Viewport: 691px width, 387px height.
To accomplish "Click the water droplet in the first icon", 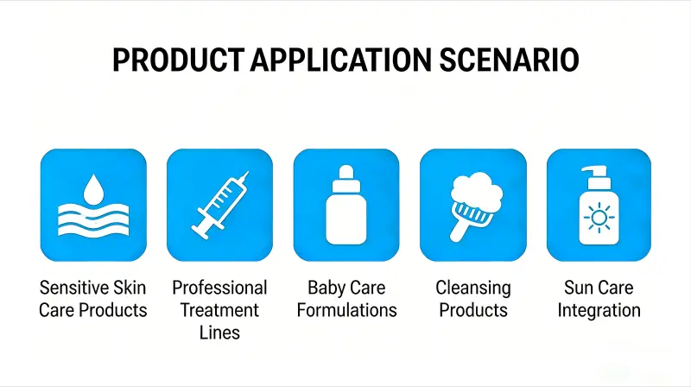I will pyautogui.click(x=93, y=187).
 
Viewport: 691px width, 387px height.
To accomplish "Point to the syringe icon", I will pyautogui.click(x=219, y=206).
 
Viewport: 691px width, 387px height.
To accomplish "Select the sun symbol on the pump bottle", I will pyautogui.click(x=599, y=219).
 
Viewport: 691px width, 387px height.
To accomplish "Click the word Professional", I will pyautogui.click(x=219, y=288).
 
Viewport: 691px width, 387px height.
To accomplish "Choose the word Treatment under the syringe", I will pyautogui.click(x=219, y=309).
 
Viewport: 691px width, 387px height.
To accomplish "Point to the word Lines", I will pyautogui.click(x=219, y=332).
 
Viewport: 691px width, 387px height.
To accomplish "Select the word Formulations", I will pyautogui.click(x=346, y=309).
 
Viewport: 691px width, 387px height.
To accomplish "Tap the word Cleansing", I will pyautogui.click(x=472, y=288).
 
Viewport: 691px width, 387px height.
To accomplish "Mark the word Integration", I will pyautogui.click(x=599, y=309).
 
